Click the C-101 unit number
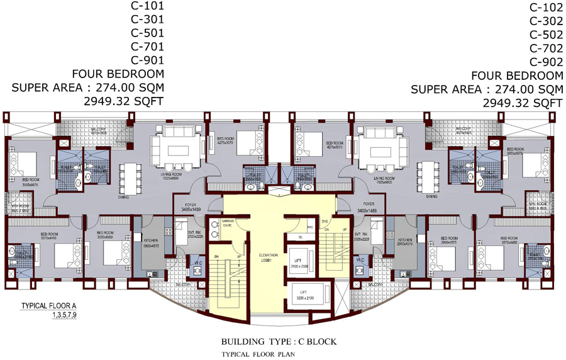click(x=147, y=6)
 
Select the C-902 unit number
click(x=545, y=62)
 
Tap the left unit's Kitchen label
click(x=152, y=242)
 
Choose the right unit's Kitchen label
click(x=404, y=242)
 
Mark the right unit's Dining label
click(x=431, y=196)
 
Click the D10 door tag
click(x=325, y=222)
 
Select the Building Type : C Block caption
click(x=279, y=342)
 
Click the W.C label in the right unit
click(x=360, y=259)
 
